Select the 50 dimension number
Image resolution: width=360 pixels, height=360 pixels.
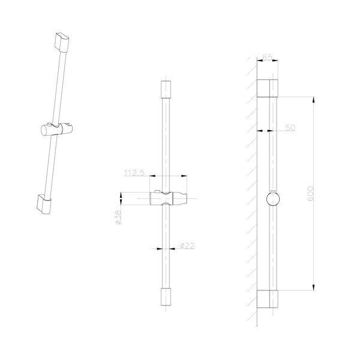click(x=290, y=128)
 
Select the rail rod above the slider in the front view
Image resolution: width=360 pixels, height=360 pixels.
click(x=166, y=144)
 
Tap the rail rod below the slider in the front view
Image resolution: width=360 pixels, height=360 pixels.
click(x=166, y=252)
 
